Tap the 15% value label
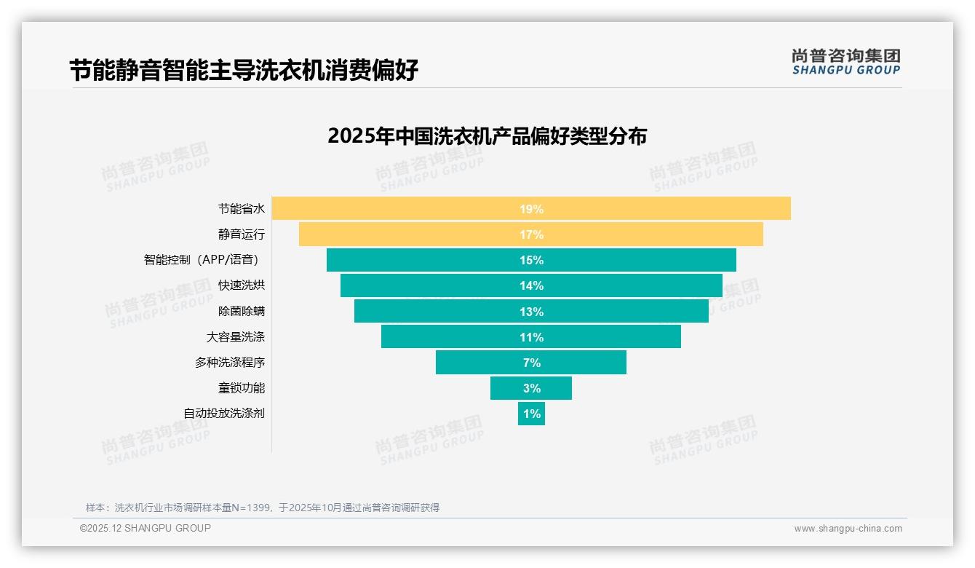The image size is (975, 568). pos(531,261)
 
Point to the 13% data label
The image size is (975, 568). pos(531,312)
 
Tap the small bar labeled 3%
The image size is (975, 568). pos(531,388)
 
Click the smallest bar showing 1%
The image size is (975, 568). pos(531,414)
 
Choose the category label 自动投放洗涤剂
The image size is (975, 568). pos(224,414)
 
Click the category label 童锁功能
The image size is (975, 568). pos(242,388)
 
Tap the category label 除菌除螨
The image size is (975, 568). pos(242,311)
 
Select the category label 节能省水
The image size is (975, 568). pos(242,209)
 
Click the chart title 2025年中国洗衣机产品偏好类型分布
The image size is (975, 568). pos(487,136)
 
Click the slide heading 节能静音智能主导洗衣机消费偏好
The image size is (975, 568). pos(244,71)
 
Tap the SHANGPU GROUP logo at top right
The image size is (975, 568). pos(845,62)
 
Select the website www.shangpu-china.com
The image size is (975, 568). pos(848,529)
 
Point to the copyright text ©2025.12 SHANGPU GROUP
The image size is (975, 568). pos(146,528)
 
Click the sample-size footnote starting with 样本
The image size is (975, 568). pos(263,508)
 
